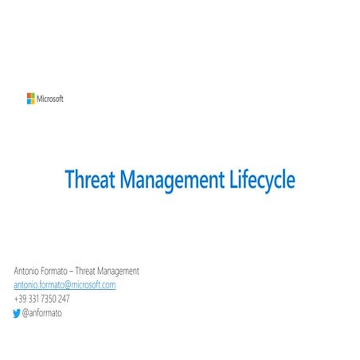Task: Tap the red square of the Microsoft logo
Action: click(29, 96)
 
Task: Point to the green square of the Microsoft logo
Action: click(33, 96)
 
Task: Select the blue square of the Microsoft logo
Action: click(29, 101)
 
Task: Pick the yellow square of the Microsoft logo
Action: click(33, 101)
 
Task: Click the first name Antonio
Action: click(29, 271)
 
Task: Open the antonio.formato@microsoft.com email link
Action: click(65, 285)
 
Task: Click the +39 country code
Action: click(20, 299)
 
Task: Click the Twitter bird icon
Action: click(18, 313)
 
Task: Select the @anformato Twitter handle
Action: click(42, 313)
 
